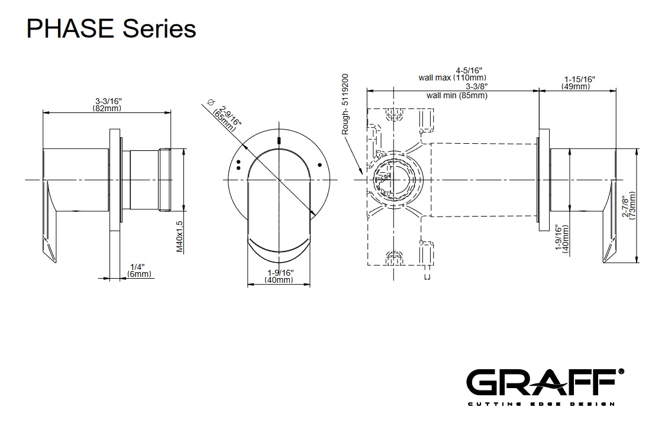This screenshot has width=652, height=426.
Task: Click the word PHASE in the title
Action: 70,28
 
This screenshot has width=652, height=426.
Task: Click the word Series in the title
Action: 159,28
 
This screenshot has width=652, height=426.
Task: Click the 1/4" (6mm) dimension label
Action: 140,270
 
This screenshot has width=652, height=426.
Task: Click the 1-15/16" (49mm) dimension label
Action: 579,83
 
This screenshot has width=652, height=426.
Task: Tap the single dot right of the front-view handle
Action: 319,164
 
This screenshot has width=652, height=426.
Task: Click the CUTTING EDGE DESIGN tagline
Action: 541,404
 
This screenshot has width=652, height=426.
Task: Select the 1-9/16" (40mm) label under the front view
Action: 279,276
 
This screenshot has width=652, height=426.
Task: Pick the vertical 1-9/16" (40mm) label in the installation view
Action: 561,238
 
